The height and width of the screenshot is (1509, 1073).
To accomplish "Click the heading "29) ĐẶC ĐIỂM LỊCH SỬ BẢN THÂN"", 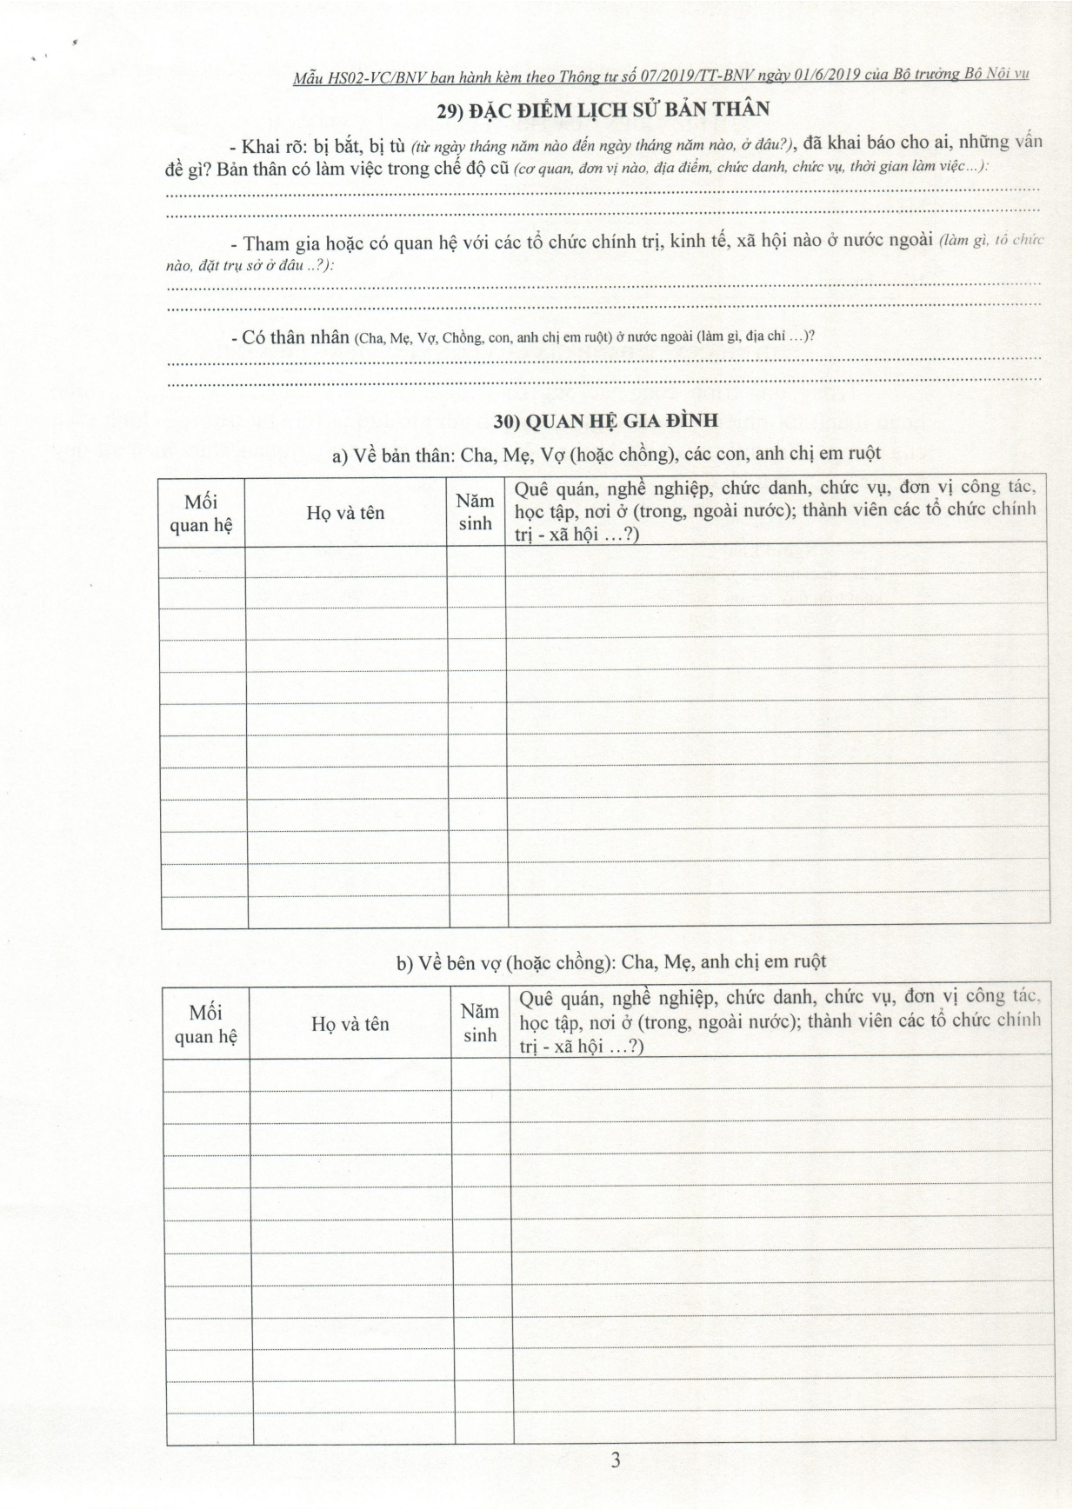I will (603, 110).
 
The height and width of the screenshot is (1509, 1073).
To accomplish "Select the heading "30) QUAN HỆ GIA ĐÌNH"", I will (605, 422).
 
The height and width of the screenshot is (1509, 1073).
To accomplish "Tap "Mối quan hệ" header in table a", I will (202, 513).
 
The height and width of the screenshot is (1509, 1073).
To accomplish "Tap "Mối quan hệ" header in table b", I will (206, 1024).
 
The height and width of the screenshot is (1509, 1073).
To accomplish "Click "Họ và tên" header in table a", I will (345, 513).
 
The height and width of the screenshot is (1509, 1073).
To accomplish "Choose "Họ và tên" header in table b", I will (350, 1024).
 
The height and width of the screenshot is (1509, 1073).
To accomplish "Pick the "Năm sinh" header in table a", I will (475, 512).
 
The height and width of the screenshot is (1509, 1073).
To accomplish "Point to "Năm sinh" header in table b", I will (479, 1023).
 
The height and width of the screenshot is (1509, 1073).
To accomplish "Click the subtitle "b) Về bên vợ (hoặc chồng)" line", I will (610, 962).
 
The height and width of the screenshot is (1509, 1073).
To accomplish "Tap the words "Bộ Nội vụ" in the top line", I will (997, 74).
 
